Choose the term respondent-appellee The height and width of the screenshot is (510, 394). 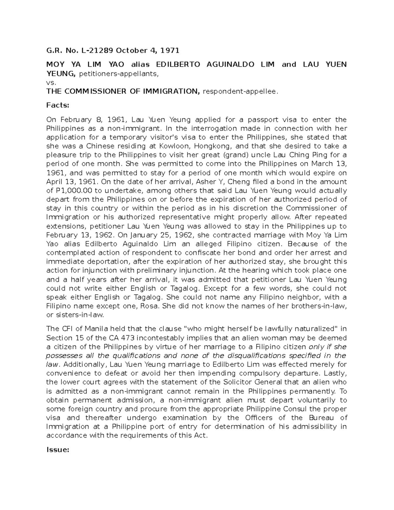coord(241,92)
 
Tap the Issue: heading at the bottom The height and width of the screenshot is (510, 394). coord(58,450)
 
